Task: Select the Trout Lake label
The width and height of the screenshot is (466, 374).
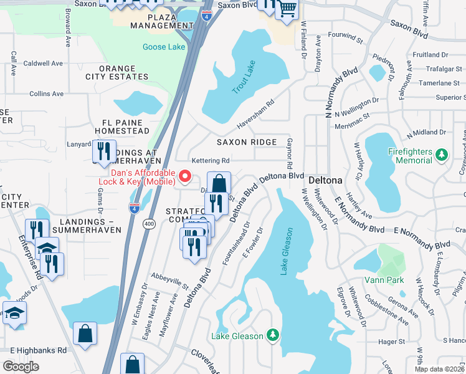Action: tap(244, 81)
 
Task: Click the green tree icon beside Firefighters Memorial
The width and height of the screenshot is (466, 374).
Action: tap(442, 154)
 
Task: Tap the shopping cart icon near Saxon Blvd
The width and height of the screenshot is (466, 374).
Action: tap(287, 9)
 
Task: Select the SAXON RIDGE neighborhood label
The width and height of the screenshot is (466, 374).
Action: tap(246, 142)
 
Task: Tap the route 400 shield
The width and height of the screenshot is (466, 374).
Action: tap(149, 224)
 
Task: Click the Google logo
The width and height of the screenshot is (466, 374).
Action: tap(21, 366)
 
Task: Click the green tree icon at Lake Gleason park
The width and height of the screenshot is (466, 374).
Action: tap(272, 336)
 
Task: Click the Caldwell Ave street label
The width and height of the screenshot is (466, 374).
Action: tap(43, 64)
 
